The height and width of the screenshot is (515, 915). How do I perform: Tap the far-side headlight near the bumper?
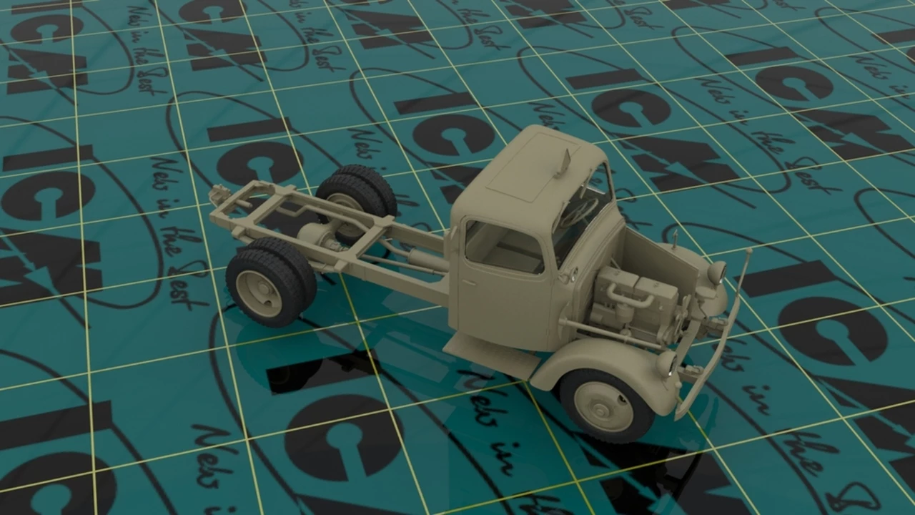pyautogui.click(x=716, y=272)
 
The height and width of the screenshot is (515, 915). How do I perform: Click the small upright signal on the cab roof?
pyautogui.click(x=563, y=163)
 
